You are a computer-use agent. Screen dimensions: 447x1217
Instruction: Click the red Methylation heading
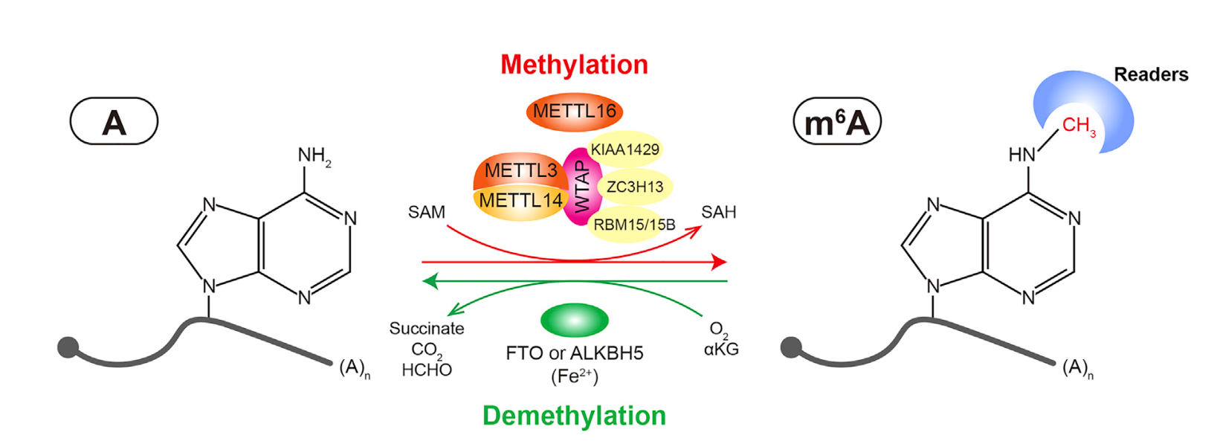574,65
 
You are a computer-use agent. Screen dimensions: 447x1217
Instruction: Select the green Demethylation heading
574,416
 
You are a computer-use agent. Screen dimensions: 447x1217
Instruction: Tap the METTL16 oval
574,112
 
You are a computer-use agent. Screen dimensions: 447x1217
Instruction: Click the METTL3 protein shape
519,170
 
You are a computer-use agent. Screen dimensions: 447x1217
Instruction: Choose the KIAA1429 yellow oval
624,149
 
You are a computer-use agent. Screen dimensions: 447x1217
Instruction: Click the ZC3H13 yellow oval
635,187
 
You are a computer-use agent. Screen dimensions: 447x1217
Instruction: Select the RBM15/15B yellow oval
633,224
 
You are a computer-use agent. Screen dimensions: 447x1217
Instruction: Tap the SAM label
427,213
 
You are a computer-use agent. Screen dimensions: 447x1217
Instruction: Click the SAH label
718,213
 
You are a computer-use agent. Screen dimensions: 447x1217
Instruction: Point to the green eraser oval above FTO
574,321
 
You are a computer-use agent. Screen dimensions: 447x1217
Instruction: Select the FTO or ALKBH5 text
574,353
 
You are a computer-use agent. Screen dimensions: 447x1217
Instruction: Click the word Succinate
427,329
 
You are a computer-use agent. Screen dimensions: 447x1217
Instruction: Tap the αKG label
721,349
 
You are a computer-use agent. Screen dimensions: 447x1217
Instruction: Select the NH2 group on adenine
314,156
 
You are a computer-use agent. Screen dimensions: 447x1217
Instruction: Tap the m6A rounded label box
837,121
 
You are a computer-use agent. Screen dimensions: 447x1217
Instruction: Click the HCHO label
427,370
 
